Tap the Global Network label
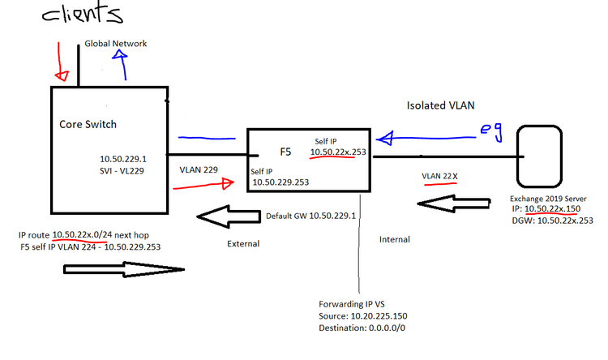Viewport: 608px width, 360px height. pos(116,44)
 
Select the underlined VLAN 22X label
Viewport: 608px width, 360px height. pos(440,175)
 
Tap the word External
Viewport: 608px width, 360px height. pos(243,243)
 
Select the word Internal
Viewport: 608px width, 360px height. pos(395,239)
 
